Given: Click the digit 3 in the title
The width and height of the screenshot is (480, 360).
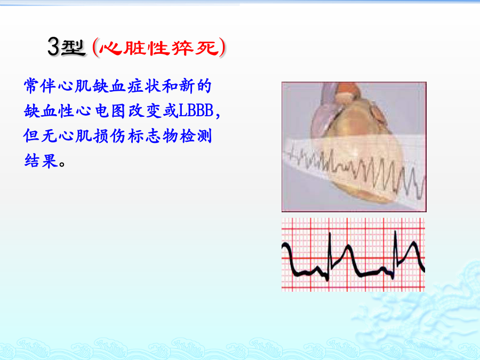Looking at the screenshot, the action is [x=53, y=46].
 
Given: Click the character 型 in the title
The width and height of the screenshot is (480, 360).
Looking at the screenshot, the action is [x=73, y=47].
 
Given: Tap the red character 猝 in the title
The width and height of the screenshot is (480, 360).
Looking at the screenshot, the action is [x=182, y=48].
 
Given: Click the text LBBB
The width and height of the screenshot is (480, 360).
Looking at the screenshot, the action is [x=196, y=110].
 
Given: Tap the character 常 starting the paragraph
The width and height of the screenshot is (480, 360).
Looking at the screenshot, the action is [x=31, y=86].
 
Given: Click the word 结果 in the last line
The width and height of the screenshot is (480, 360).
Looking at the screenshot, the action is [x=41, y=161].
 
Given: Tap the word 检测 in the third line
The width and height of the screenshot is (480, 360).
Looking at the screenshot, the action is [x=196, y=135].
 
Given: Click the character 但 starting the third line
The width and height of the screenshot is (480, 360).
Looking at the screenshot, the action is [x=31, y=135].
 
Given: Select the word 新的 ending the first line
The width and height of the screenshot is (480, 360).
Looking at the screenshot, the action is [x=195, y=86].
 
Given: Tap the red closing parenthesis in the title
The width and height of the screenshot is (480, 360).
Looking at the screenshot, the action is [x=222, y=47].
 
